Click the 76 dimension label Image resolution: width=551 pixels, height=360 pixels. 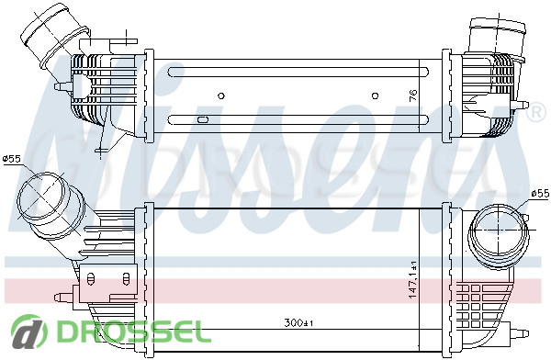pos(413,96)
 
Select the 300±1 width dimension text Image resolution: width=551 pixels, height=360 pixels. pos(298,322)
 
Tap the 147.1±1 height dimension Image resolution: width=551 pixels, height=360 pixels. pos(413,280)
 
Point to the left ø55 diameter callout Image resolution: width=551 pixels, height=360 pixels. pos(11,159)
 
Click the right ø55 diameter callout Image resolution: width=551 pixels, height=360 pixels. pos(540,193)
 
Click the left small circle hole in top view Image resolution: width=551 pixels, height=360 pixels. pos(221,96)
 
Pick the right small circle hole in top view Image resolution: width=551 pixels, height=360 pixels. pos(375,96)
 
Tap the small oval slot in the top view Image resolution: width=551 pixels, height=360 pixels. pos(203,119)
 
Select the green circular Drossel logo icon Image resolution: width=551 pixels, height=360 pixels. pos(28,331)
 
